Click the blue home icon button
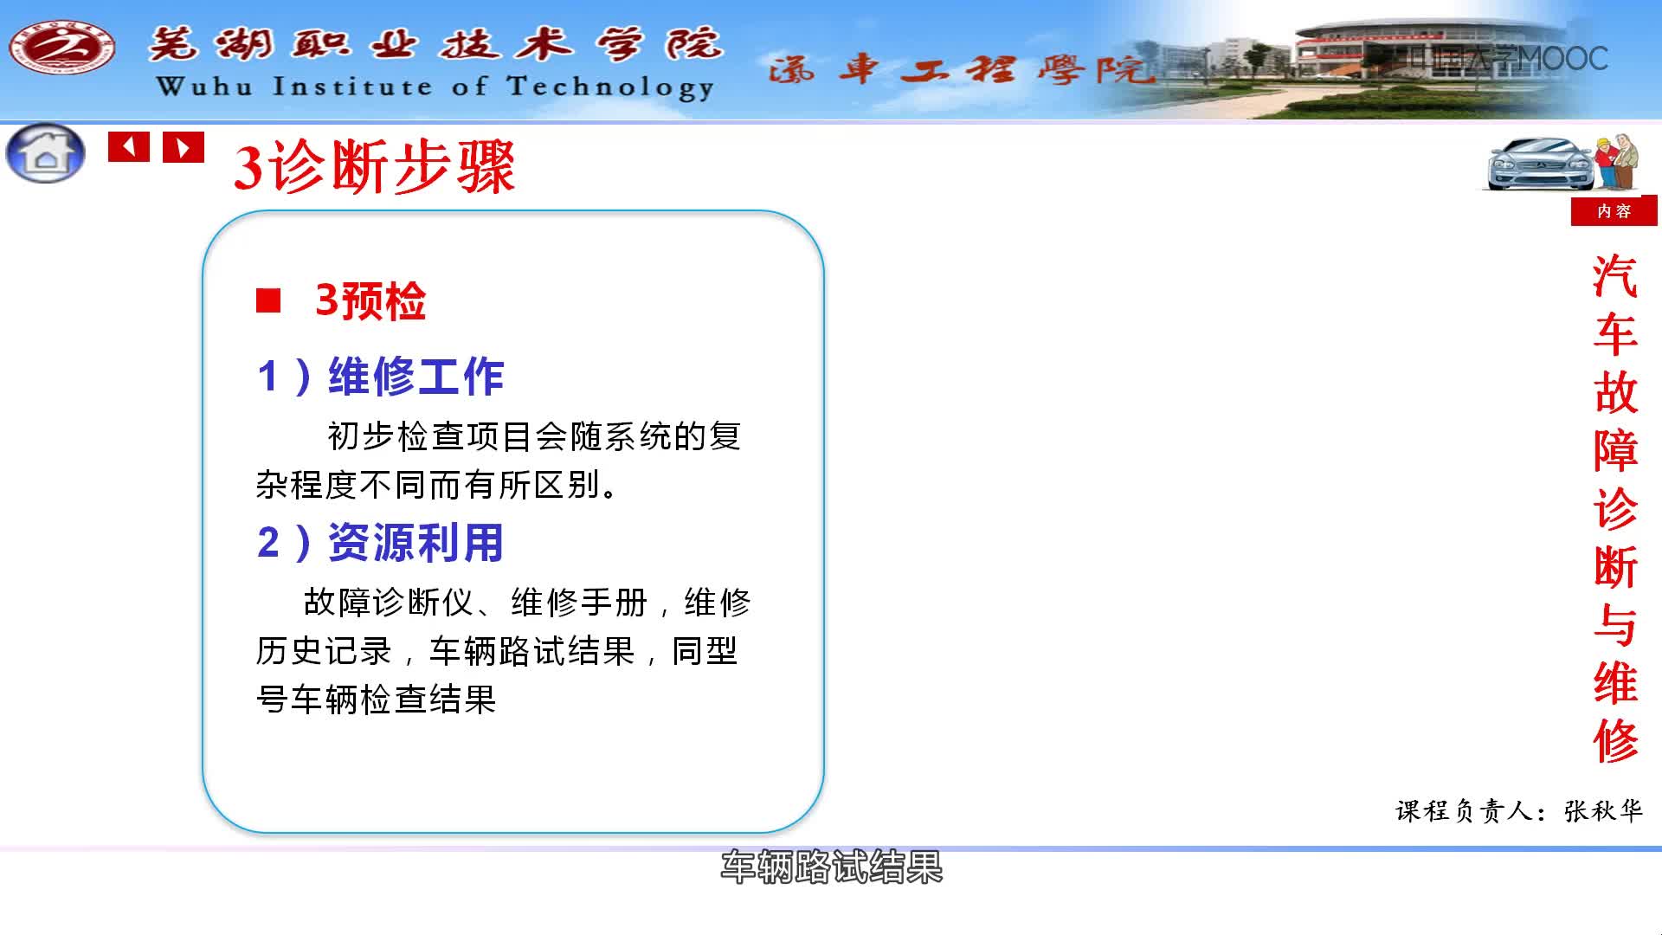[46, 153]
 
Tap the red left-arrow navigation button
[129, 147]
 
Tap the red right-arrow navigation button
[184, 147]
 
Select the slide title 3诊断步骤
[374, 166]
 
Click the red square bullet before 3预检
[268, 300]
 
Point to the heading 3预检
[370, 301]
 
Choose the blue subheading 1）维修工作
[381, 377]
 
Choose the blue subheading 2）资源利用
[381, 543]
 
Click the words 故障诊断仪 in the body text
[389, 602]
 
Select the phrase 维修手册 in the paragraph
[579, 602]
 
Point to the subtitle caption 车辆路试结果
[832, 867]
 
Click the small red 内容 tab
[1614, 211]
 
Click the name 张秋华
[1603, 810]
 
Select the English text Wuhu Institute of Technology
[435, 87]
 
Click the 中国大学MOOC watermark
[1508, 58]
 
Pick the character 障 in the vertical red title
[1615, 450]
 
